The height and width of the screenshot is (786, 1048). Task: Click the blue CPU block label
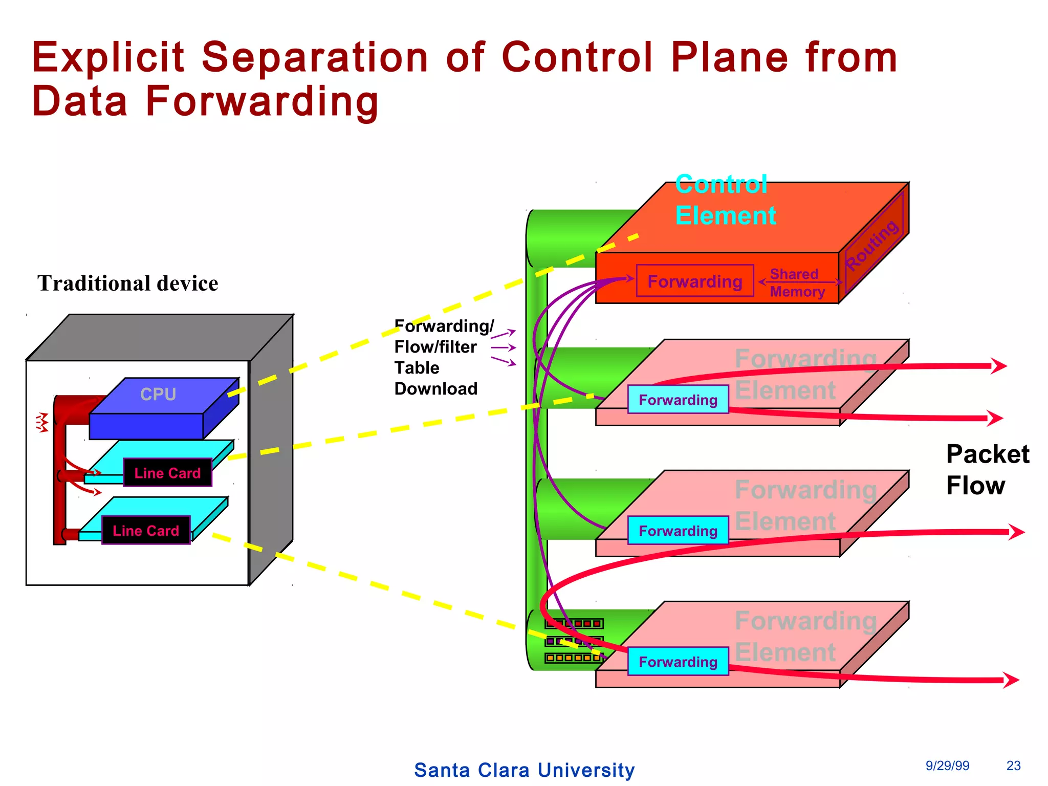(x=158, y=394)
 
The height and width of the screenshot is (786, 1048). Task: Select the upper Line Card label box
(x=167, y=472)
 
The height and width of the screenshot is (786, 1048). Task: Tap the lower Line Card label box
(x=146, y=530)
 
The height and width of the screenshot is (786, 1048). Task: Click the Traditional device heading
(x=127, y=283)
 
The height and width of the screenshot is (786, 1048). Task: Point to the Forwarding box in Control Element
(x=694, y=281)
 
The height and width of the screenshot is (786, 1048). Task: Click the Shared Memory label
(x=797, y=282)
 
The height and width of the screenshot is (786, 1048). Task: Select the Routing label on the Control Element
(x=871, y=245)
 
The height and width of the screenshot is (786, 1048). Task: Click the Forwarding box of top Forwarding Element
(x=678, y=400)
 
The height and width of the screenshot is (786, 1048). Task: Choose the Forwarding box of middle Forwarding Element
(x=678, y=531)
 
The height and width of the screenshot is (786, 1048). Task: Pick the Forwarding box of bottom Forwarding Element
(x=678, y=662)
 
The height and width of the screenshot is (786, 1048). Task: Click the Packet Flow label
(x=987, y=469)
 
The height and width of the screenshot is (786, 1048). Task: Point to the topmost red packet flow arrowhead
(x=998, y=365)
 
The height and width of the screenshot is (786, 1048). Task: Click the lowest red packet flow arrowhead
(x=1011, y=680)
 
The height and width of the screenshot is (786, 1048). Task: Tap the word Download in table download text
(x=435, y=389)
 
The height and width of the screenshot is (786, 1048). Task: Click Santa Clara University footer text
(x=524, y=770)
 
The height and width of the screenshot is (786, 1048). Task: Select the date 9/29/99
(x=947, y=766)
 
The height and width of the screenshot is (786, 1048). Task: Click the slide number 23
(x=1013, y=766)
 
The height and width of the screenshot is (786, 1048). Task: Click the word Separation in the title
(x=314, y=57)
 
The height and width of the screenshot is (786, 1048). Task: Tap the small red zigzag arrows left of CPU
(x=42, y=422)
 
